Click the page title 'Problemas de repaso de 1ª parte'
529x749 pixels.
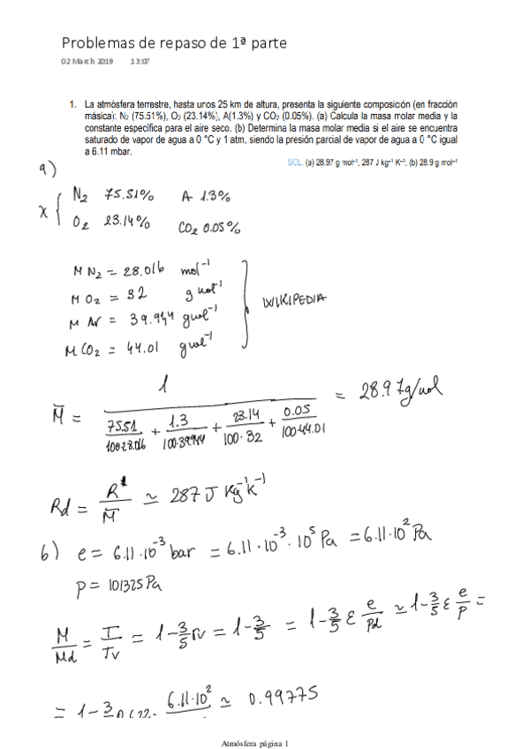tap(173, 43)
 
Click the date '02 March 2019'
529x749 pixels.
tap(87, 61)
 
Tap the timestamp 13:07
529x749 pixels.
tap(140, 61)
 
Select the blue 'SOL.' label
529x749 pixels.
tap(295, 163)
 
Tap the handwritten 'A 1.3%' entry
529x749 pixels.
tap(206, 196)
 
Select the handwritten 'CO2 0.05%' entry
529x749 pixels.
tap(208, 228)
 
